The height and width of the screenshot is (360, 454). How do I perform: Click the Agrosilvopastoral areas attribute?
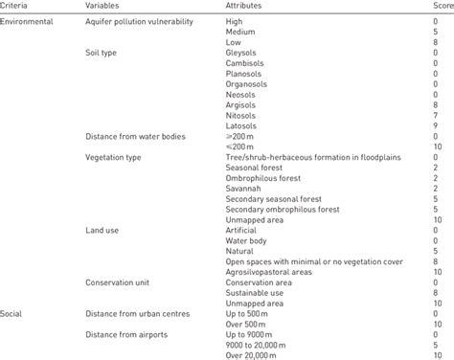click(273, 272)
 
